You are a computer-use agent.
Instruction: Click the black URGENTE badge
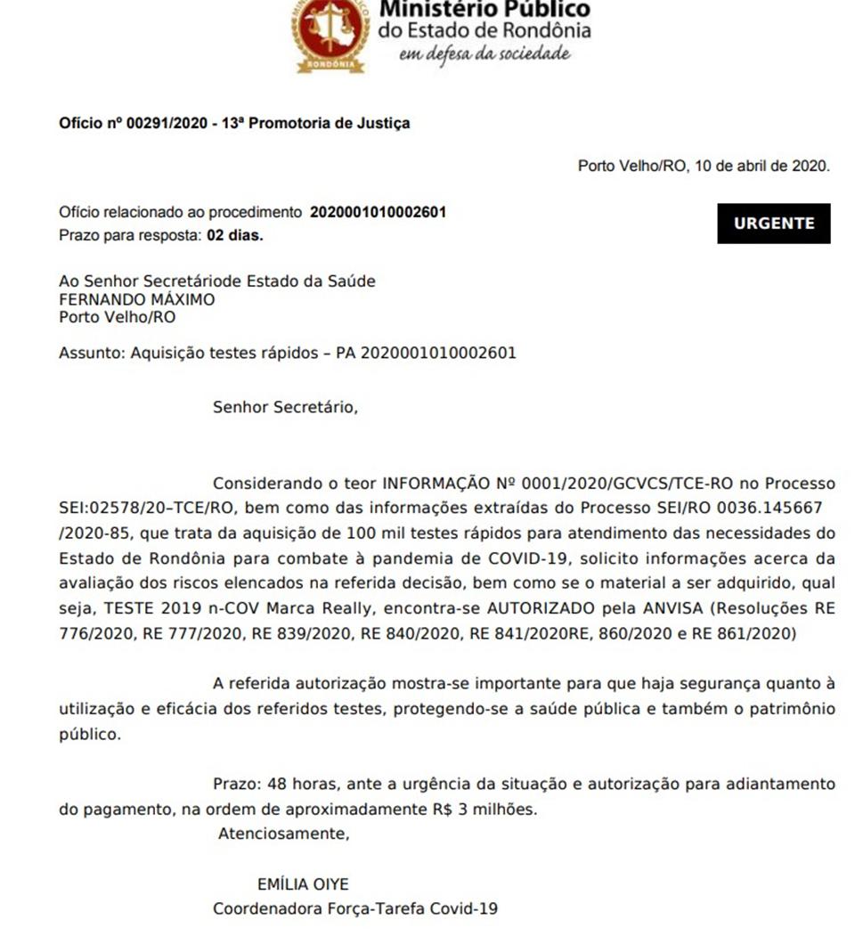(773, 224)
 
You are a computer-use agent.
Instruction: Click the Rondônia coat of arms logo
(330, 33)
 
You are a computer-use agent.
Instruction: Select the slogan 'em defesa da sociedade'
(484, 53)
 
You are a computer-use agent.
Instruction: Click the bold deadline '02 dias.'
(235, 236)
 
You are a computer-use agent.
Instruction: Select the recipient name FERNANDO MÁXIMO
(136, 299)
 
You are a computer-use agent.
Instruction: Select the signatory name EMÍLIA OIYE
(303, 884)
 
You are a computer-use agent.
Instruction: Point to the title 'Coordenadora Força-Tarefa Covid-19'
(354, 909)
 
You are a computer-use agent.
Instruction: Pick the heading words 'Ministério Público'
(484, 9)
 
